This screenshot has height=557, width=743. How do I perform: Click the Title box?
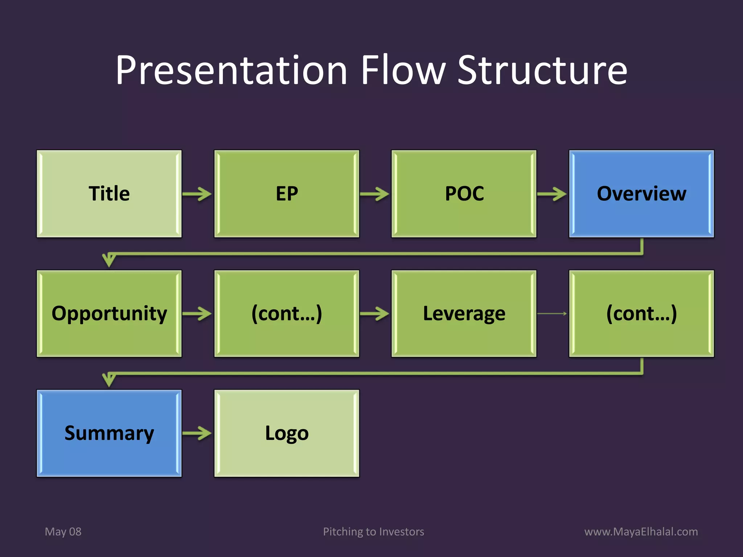109,194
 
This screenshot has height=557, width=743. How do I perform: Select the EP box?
287,194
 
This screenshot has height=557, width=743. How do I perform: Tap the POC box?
464,194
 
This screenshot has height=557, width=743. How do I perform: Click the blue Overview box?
641,194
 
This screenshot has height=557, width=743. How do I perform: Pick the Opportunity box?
109,314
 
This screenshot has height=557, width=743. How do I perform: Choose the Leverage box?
464,314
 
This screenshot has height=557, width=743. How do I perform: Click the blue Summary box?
109,433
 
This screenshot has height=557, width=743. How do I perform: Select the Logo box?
287,433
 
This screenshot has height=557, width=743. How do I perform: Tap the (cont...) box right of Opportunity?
287,314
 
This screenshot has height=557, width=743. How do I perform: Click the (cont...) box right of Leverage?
641,314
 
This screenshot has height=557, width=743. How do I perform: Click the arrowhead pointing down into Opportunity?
109,260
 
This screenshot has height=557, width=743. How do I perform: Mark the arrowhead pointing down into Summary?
109,380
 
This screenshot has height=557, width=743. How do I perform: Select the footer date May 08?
63,532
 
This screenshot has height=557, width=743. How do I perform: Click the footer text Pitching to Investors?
373,532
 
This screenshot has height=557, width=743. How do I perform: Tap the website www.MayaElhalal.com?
641,532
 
